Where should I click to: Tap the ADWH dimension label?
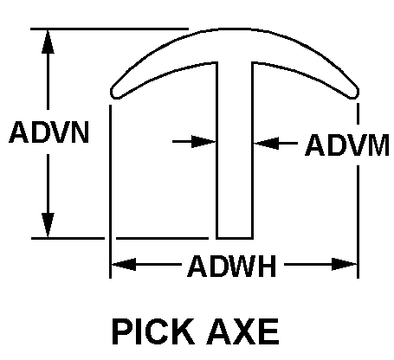point(231,265)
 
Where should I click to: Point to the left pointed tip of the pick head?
point(113,90)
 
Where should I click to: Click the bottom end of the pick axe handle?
point(234,235)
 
